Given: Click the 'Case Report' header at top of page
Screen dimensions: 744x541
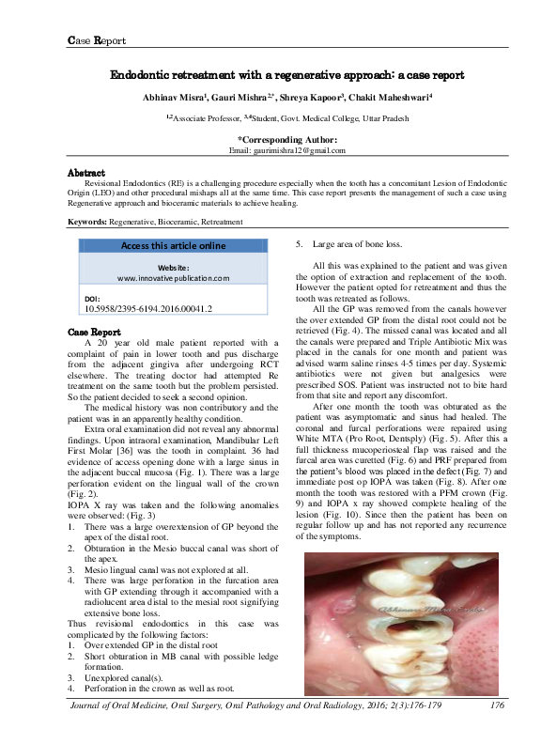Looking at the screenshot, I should pyautogui.click(x=98, y=40).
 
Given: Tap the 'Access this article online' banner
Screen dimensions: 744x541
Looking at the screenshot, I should pyautogui.click(x=174, y=246).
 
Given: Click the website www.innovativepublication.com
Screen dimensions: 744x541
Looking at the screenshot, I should pyautogui.click(x=174, y=278).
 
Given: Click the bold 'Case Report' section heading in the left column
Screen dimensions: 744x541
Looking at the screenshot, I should pyautogui.click(x=94, y=333).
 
